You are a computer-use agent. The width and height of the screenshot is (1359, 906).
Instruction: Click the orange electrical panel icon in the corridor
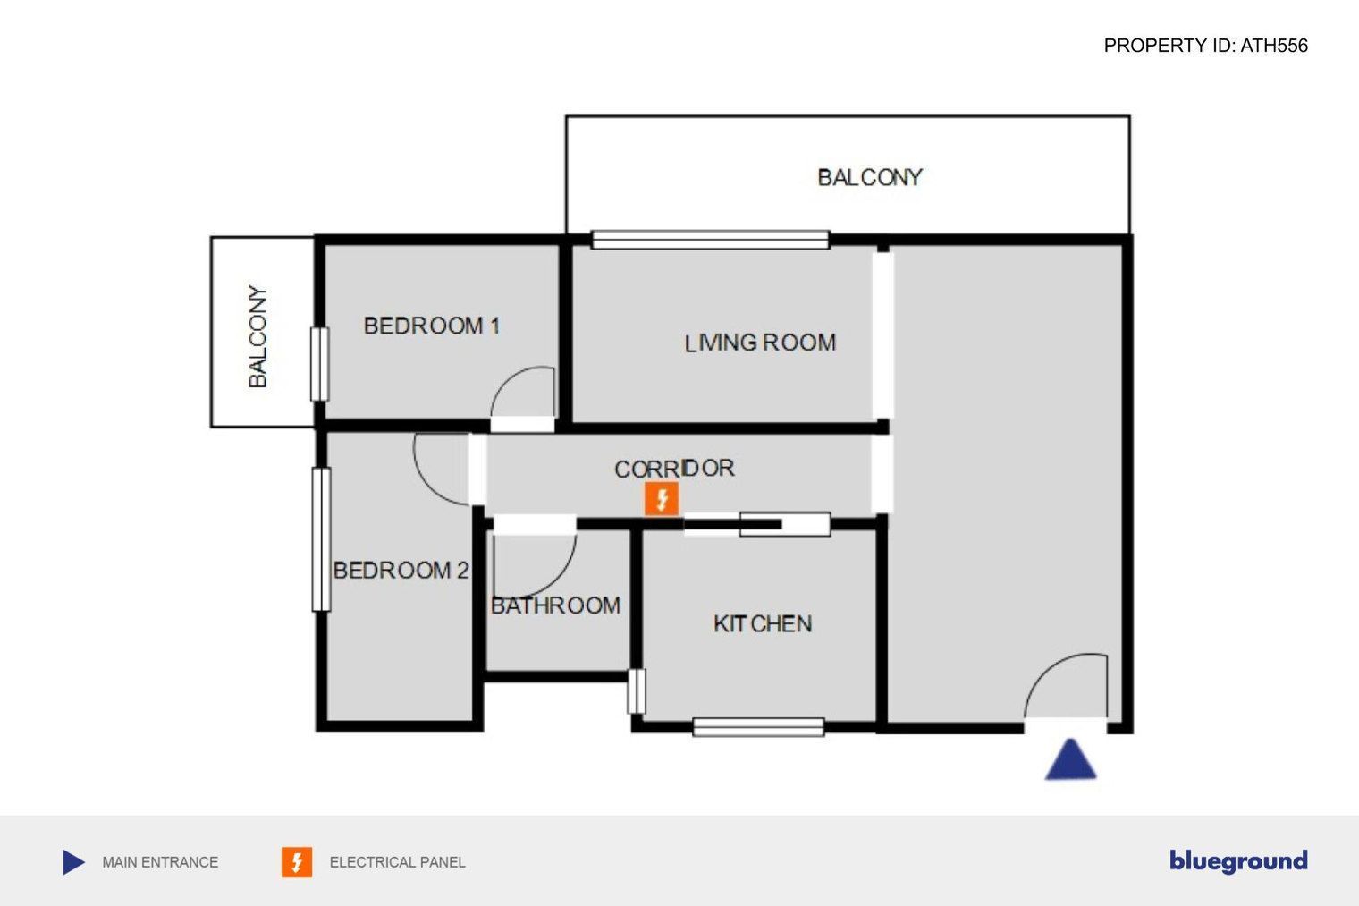pos(662,499)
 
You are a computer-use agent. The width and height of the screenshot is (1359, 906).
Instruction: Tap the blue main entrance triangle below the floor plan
pos(1070,759)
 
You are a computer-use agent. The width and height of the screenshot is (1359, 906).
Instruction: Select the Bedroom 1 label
pos(431,326)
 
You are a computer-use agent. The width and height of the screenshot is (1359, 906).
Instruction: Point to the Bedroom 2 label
pos(401,570)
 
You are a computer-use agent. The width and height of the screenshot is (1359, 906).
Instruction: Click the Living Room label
pos(760,343)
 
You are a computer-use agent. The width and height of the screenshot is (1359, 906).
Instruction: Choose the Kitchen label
pos(763,623)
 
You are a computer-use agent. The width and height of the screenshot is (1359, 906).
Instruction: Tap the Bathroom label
pos(556,605)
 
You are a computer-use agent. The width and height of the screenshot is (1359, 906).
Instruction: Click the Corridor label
pos(675,469)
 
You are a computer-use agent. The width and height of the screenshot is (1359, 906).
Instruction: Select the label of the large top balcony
pos(870,178)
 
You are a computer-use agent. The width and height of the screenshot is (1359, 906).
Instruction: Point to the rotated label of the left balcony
pos(257,336)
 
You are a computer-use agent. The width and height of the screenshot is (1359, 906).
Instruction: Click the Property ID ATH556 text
pos(1205,46)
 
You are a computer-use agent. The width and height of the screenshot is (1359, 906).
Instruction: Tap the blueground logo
pos(1238,861)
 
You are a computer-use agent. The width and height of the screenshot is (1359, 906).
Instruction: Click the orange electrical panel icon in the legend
pos(297,862)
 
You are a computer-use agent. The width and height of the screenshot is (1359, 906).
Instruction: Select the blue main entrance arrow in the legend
pos(73,862)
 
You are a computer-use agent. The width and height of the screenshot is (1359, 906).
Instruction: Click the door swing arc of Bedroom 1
pos(509,380)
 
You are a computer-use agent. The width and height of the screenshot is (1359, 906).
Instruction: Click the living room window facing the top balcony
pos(711,240)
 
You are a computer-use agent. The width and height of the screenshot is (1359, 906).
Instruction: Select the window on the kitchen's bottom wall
pos(758,727)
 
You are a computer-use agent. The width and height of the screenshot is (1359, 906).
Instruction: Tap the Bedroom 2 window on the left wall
pos(322,539)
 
